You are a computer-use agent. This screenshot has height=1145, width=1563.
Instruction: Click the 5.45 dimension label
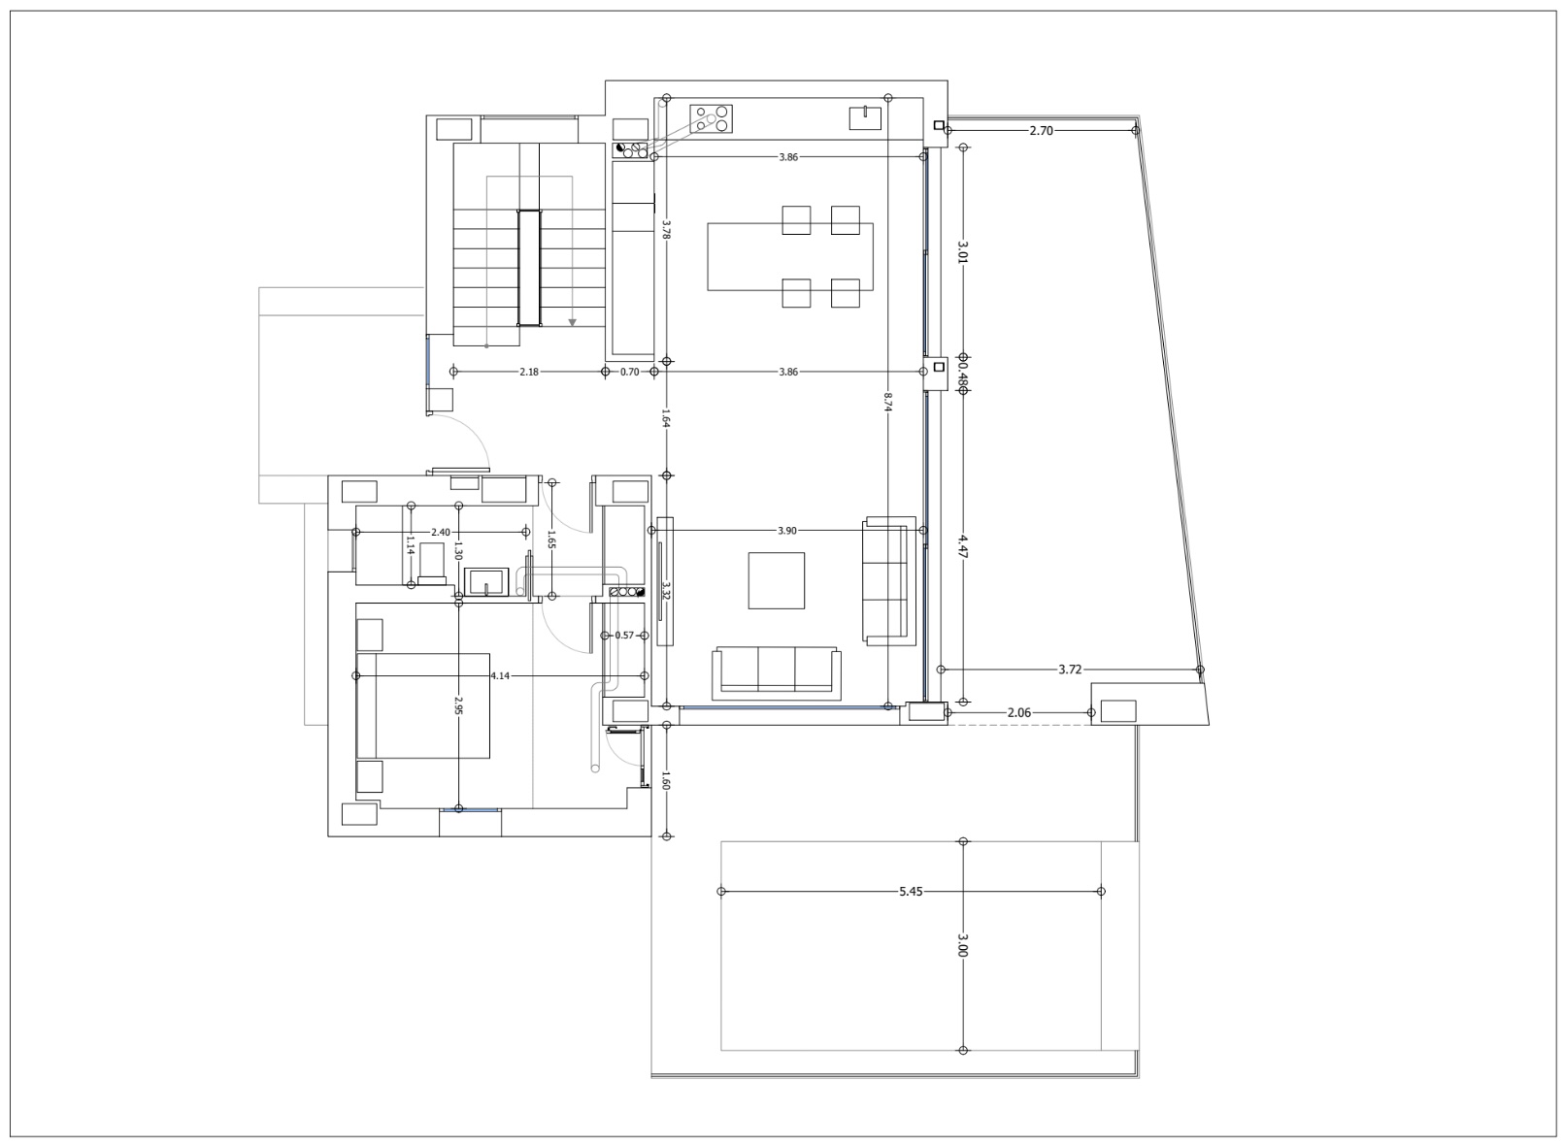coord(910,891)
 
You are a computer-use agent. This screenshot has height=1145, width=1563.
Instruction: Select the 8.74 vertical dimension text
coord(887,403)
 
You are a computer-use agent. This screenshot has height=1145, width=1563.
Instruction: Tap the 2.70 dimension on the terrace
coord(1041,130)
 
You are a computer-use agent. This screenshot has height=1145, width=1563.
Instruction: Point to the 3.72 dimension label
coord(1070,670)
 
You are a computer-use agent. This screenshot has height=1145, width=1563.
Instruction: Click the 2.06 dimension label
coord(1019,712)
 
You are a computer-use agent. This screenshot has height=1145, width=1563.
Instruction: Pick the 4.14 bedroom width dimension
coord(500,675)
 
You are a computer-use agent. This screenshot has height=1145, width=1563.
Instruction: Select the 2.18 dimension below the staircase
coord(529,372)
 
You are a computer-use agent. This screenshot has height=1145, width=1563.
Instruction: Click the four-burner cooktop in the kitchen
coord(711,119)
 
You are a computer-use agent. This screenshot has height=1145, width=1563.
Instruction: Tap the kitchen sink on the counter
coord(864,117)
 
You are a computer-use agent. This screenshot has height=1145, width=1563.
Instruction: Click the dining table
coord(790,257)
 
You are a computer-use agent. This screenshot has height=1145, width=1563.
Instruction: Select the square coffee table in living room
coord(776,580)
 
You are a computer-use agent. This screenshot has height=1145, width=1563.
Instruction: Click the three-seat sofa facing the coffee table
coord(776,671)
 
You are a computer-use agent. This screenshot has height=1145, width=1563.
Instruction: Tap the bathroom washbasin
coord(484,582)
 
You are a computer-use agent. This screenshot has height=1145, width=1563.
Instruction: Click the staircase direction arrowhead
coord(572,322)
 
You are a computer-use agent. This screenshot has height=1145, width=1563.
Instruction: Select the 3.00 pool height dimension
coord(962,945)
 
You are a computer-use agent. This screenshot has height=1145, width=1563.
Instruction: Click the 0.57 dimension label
coord(624,636)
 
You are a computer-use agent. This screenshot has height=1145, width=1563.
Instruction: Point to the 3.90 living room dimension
coord(787,531)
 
